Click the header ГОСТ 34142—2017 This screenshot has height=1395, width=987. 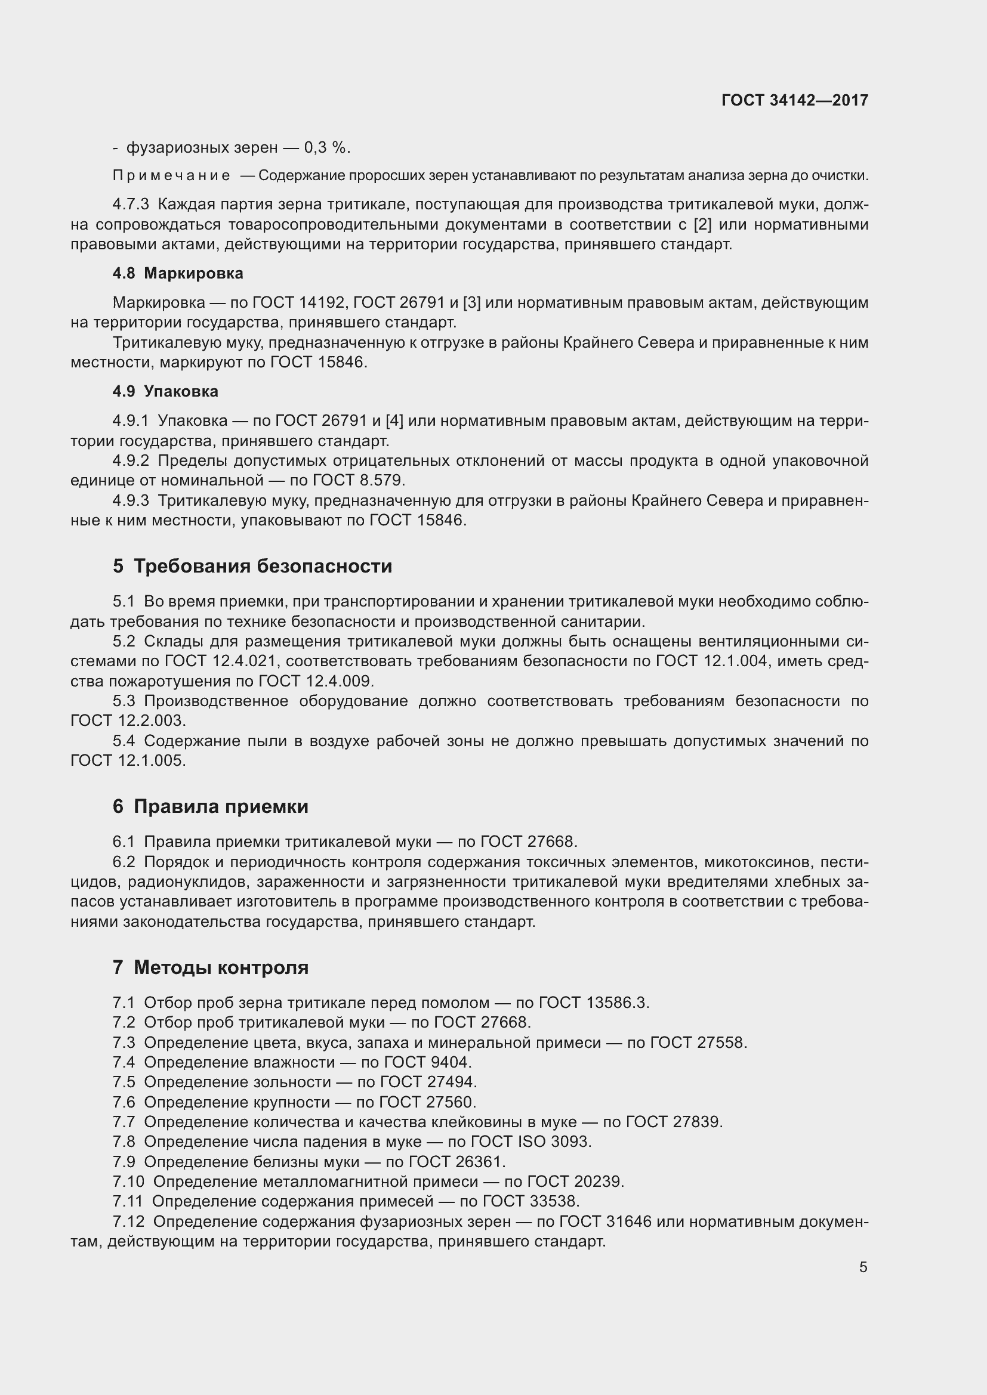(x=794, y=100)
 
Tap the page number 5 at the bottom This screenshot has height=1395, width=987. (x=863, y=1267)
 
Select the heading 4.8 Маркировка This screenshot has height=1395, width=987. (x=178, y=273)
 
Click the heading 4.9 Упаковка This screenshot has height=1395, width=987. (x=165, y=391)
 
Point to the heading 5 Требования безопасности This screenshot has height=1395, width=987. (x=252, y=566)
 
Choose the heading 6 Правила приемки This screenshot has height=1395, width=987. (x=210, y=806)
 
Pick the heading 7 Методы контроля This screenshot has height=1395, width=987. (x=210, y=967)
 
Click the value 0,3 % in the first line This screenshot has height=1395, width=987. (x=326, y=148)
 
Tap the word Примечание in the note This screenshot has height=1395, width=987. (x=171, y=176)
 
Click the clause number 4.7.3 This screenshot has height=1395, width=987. (x=131, y=205)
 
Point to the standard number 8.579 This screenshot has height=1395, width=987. (x=381, y=481)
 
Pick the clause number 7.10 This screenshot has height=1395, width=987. (x=128, y=1181)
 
